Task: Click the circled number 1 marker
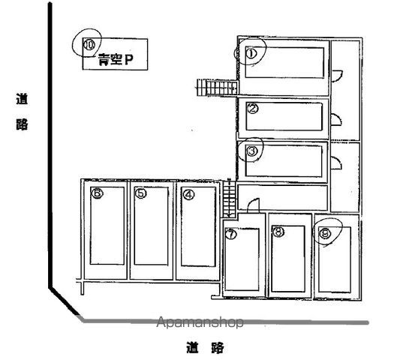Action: tap(251, 53)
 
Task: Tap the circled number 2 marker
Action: tap(253, 109)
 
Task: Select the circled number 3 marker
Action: tap(252, 151)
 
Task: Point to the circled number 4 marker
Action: tap(189, 195)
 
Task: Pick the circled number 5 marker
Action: tap(141, 193)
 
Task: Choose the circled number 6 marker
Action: tap(97, 193)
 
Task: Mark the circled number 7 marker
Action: tap(231, 234)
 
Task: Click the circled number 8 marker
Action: tap(278, 232)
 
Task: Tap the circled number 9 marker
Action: tap(325, 233)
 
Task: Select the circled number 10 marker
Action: tap(89, 44)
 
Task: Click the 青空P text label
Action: tap(116, 59)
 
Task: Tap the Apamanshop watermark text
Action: tap(200, 322)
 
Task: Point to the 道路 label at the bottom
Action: tap(206, 347)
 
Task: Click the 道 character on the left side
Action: tap(22, 99)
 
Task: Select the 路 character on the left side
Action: tap(22, 124)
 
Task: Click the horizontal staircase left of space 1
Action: tap(218, 88)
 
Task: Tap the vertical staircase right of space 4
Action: tap(229, 199)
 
